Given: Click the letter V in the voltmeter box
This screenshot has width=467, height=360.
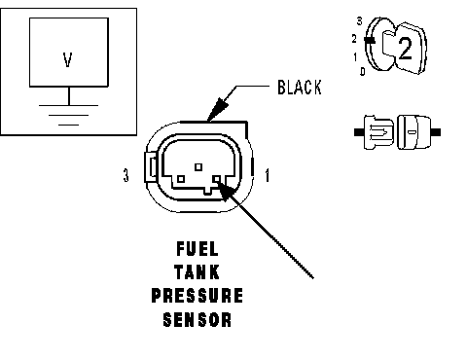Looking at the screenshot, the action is tap(67, 60).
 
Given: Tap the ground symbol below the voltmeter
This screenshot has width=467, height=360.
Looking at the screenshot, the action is tap(69, 115).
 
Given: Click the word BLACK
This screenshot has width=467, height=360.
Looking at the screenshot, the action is tap(300, 88).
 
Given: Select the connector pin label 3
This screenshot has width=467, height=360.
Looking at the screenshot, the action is tap(126, 175).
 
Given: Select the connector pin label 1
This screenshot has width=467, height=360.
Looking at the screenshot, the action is tap(267, 175).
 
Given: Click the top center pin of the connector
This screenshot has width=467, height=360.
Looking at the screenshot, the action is tap(198, 167).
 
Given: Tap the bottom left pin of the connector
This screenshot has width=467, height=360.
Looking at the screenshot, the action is tap(181, 179).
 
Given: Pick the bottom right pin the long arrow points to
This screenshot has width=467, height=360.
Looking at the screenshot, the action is tap(217, 179).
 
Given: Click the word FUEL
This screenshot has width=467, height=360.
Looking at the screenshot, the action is tap(198, 249).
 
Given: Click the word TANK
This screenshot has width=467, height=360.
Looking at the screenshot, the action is tap(198, 271).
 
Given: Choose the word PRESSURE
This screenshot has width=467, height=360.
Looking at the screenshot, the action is tap(198, 295).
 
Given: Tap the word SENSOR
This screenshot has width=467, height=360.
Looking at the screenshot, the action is tap(198, 319).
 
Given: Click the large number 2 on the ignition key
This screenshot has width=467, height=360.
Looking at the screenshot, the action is tap(405, 49).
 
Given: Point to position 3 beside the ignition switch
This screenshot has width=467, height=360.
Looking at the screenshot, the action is tap(359, 21).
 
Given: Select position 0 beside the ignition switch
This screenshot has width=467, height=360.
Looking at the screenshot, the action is tap(363, 71).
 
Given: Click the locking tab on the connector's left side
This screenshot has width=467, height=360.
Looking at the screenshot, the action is tap(151, 167).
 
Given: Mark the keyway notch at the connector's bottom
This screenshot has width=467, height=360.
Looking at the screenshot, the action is tap(207, 192).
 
